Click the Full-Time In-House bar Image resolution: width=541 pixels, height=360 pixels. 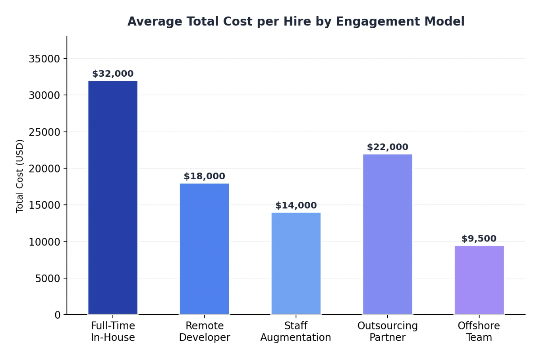tap(113, 197)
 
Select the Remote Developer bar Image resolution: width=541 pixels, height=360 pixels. tap(204, 249)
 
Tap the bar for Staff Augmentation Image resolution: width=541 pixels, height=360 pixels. tap(296, 263)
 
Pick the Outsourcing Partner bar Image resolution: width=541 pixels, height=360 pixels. tap(387, 234)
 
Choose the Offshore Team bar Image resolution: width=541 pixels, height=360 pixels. tap(479, 280)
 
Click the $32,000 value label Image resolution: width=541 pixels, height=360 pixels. tap(113, 74)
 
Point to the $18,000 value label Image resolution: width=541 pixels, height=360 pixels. tap(204, 176)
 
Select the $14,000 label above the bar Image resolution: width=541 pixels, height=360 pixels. tap(296, 205)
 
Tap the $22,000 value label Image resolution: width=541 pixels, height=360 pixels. tap(387, 147)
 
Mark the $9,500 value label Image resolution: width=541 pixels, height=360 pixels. tap(479, 239)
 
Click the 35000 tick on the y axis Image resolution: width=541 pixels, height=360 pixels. tap(44, 59)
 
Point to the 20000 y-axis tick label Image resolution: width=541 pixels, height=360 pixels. tap(44, 169)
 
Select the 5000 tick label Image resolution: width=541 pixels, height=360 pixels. tap(47, 279)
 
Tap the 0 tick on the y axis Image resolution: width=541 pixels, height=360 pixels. tap(58, 315)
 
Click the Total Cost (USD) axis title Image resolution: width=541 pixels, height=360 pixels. tap(20, 176)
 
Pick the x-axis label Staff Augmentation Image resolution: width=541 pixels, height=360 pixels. tap(296, 331)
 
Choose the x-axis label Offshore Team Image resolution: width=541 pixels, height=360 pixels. tap(479, 331)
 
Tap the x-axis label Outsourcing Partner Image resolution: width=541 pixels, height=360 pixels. tap(387, 331)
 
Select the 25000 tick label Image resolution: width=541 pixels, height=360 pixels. tap(44, 132)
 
